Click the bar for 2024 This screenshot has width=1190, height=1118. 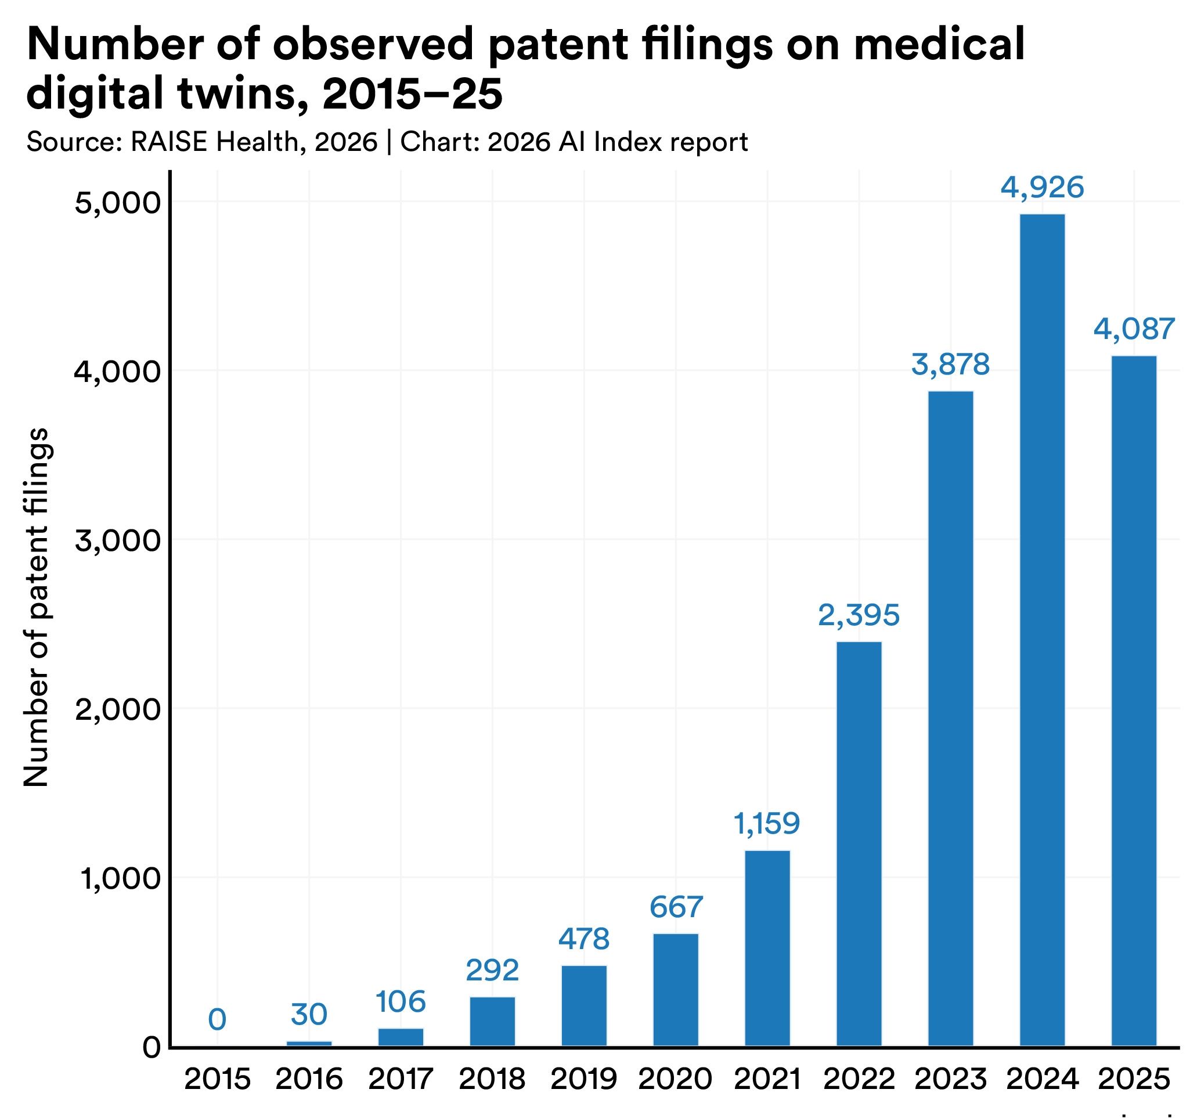pos(1042,630)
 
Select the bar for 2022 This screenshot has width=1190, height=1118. pos(859,844)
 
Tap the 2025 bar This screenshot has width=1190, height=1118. pos(1134,701)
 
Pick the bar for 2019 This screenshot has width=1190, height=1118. pos(584,1006)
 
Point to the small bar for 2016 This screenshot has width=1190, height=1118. pos(309,1044)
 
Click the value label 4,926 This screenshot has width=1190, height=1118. pos(1042,188)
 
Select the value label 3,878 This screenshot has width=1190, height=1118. pos(951,365)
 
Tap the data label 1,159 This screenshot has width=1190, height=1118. pos(767,824)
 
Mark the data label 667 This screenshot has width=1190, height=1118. pos(676,907)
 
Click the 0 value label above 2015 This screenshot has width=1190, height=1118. pos(217,1020)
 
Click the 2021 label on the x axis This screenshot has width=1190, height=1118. pos(767,1080)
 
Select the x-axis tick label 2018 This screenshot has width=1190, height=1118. pos(492,1080)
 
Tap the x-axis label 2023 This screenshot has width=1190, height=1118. pos(951,1080)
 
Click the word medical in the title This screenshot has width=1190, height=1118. pos(939,45)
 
